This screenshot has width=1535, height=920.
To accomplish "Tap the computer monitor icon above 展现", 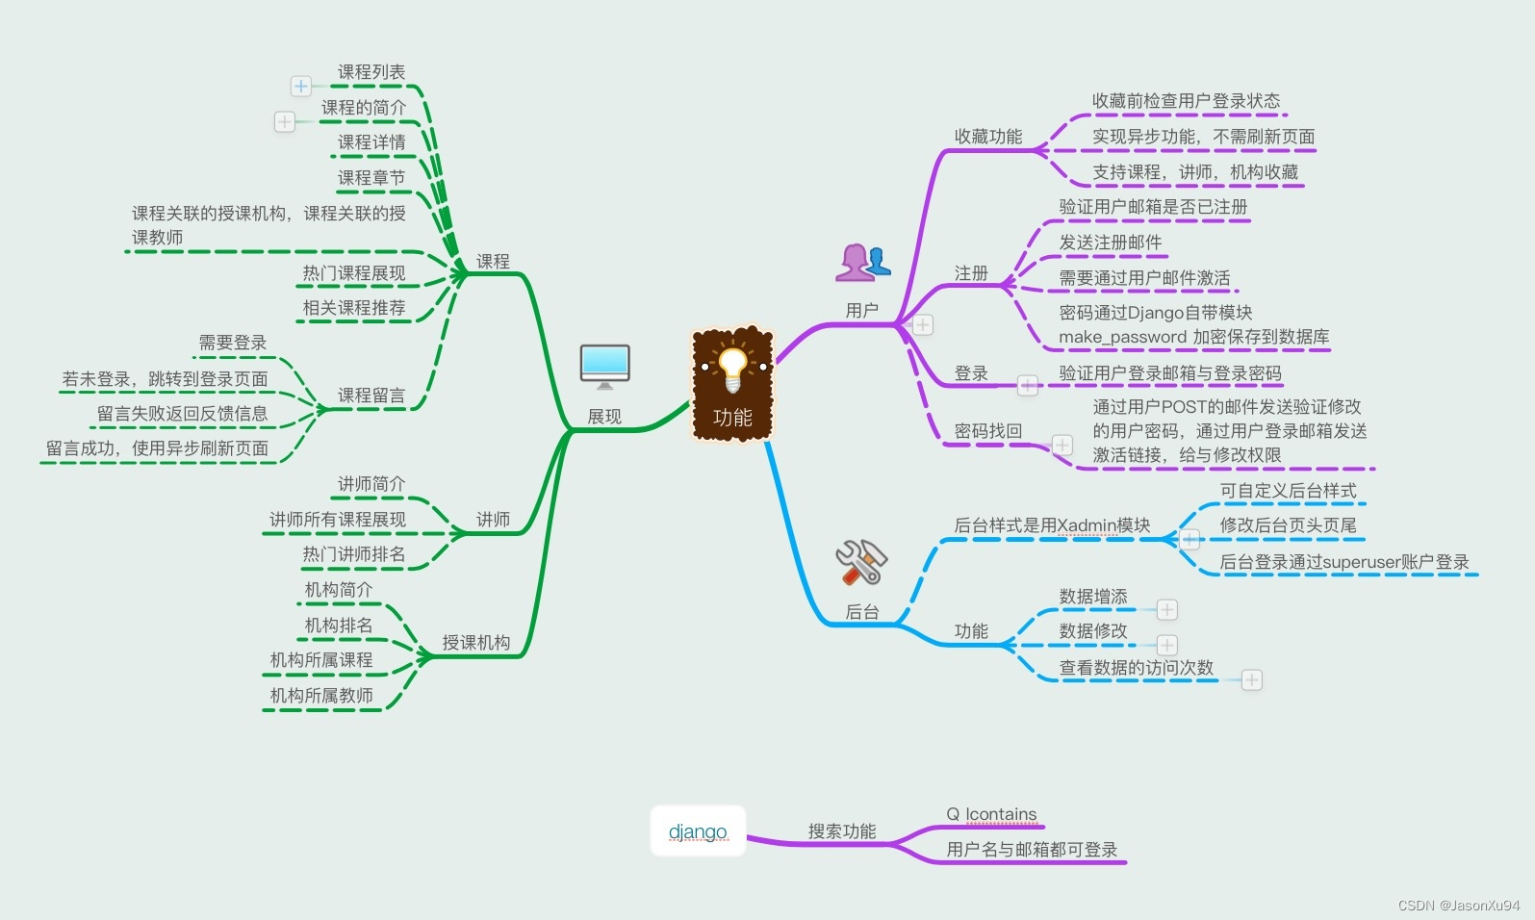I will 605,366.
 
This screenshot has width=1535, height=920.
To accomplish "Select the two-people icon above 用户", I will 862,262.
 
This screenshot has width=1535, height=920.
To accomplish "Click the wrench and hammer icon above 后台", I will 860,562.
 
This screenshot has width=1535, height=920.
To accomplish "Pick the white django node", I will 698,831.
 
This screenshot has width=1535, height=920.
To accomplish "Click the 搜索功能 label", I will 842,831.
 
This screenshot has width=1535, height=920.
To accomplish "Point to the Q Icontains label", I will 991,814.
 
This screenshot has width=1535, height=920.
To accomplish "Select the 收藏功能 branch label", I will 988,137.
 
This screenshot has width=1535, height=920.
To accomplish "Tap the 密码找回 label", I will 988,431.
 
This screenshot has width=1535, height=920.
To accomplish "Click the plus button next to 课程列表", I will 301,87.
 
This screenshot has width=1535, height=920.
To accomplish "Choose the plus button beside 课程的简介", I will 285,121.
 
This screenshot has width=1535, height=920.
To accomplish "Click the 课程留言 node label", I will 371,396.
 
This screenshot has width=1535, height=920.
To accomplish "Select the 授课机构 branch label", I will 476,643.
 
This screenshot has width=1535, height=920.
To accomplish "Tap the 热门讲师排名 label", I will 354,554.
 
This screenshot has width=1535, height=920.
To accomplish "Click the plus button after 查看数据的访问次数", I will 1251,680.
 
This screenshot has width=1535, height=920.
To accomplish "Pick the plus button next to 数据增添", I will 1167,610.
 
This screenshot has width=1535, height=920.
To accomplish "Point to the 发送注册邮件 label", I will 1111,243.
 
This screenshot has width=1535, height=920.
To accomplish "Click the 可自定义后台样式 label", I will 1289,491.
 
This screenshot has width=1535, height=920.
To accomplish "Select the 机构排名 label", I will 339,626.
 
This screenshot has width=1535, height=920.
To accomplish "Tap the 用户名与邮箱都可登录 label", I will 1032,850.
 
